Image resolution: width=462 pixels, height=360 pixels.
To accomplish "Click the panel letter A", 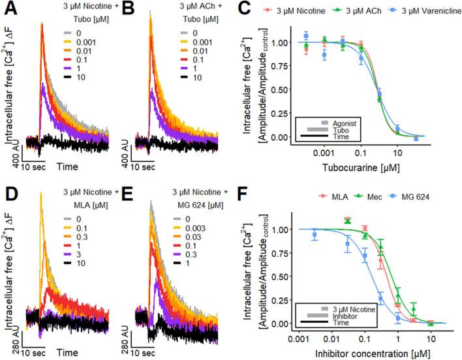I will coord(10,10).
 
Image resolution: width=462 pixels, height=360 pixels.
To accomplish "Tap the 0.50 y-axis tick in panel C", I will coord(281,90).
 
